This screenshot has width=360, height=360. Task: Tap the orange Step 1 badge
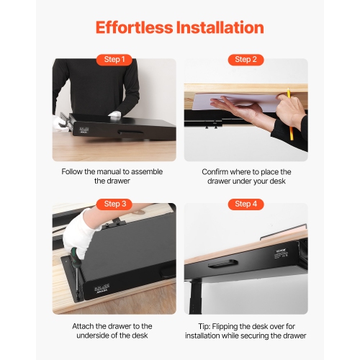coord(114,59)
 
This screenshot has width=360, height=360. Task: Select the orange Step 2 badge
coord(246,59)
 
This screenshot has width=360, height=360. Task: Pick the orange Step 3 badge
coord(114,204)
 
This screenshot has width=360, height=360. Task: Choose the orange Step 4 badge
coord(246,204)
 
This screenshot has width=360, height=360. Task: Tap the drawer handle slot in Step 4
coord(257,266)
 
